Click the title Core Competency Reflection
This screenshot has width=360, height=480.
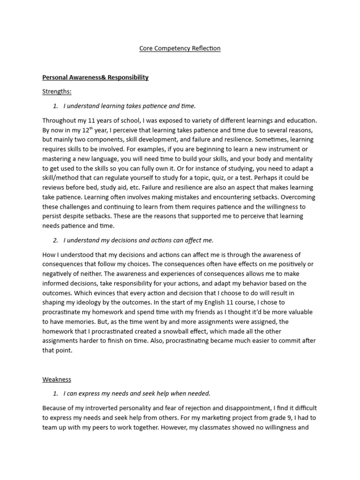[x=180, y=48]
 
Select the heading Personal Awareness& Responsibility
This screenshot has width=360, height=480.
[x=95, y=77]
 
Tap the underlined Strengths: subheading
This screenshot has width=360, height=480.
[x=57, y=91]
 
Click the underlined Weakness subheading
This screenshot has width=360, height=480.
[x=57, y=379]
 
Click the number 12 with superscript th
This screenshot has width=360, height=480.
[x=85, y=130]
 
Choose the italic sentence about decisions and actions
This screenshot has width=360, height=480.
[x=138, y=240]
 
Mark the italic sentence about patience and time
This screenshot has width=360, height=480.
[x=129, y=106]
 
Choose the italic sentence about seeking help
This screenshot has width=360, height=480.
[x=137, y=393]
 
